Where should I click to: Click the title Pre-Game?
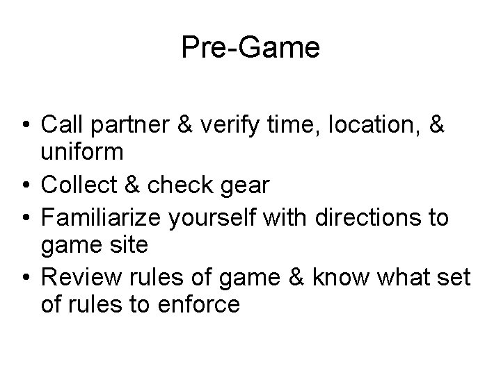(x=250, y=48)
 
